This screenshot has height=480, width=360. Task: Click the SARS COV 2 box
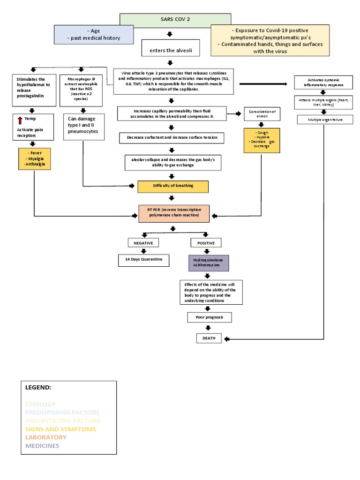[175, 20]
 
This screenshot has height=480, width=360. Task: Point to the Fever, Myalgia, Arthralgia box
[35, 159]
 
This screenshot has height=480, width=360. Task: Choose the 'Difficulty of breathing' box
[172, 186]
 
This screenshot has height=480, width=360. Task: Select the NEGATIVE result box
[143, 243]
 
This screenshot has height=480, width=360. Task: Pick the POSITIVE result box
[206, 243]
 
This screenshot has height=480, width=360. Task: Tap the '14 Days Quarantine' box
[143, 260]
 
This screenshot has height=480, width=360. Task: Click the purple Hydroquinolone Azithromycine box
[208, 263]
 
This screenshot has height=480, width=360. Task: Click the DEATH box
[209, 338]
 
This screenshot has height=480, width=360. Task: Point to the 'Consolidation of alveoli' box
[262, 114]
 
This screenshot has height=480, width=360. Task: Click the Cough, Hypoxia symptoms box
[262, 140]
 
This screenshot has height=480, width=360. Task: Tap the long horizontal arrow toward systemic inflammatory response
[263, 84]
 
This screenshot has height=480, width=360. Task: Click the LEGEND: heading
[38, 388]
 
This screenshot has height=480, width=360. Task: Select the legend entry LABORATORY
[46, 437]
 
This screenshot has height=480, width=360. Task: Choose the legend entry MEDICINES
[42, 445]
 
